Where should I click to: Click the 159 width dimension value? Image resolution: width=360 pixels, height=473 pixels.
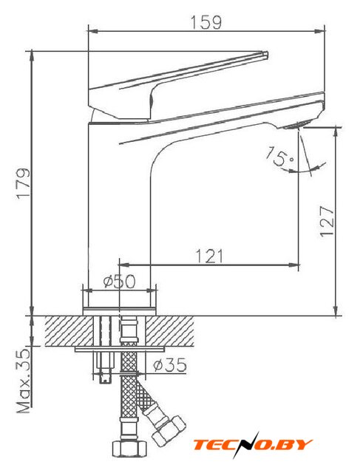206,22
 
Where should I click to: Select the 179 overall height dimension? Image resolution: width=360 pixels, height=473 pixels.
24,183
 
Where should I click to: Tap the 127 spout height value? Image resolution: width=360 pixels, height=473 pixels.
327,221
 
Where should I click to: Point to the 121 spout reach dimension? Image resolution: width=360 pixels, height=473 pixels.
210,256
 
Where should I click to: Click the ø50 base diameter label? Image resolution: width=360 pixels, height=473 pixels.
120,282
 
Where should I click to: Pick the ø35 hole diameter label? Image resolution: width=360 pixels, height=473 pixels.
170,365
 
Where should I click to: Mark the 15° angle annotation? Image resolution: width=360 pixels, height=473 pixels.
279,156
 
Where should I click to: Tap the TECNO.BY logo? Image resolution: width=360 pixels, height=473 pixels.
253,445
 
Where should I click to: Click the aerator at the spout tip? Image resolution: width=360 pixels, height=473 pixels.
296,125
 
